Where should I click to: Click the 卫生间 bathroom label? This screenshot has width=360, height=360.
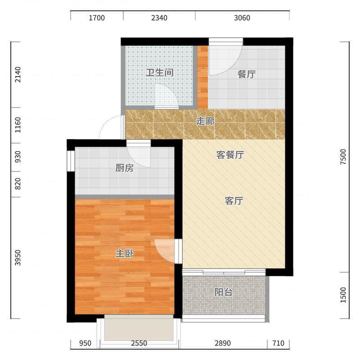(159, 72)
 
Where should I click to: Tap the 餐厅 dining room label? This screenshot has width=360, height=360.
(246, 75)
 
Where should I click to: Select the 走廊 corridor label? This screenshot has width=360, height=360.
(205, 121)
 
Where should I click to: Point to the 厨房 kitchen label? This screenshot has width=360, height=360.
(124, 168)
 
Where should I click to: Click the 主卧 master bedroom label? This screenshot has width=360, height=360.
(124, 254)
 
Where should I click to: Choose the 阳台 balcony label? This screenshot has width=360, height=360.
(223, 292)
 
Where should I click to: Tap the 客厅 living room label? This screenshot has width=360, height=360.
(234, 201)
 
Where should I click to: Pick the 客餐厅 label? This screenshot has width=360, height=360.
(230, 155)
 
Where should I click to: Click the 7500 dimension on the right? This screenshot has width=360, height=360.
(344, 157)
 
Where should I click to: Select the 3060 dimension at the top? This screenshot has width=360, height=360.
(242, 18)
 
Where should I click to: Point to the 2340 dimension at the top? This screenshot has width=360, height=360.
(159, 18)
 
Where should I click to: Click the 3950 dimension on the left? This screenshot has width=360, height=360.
(18, 258)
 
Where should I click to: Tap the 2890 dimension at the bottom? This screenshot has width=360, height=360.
(222, 343)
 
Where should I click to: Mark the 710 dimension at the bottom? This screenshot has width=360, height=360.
(278, 343)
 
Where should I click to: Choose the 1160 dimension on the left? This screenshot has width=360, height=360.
(18, 125)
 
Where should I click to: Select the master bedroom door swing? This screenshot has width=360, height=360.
(165, 250)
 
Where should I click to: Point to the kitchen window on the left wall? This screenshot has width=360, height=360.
(70, 161)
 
